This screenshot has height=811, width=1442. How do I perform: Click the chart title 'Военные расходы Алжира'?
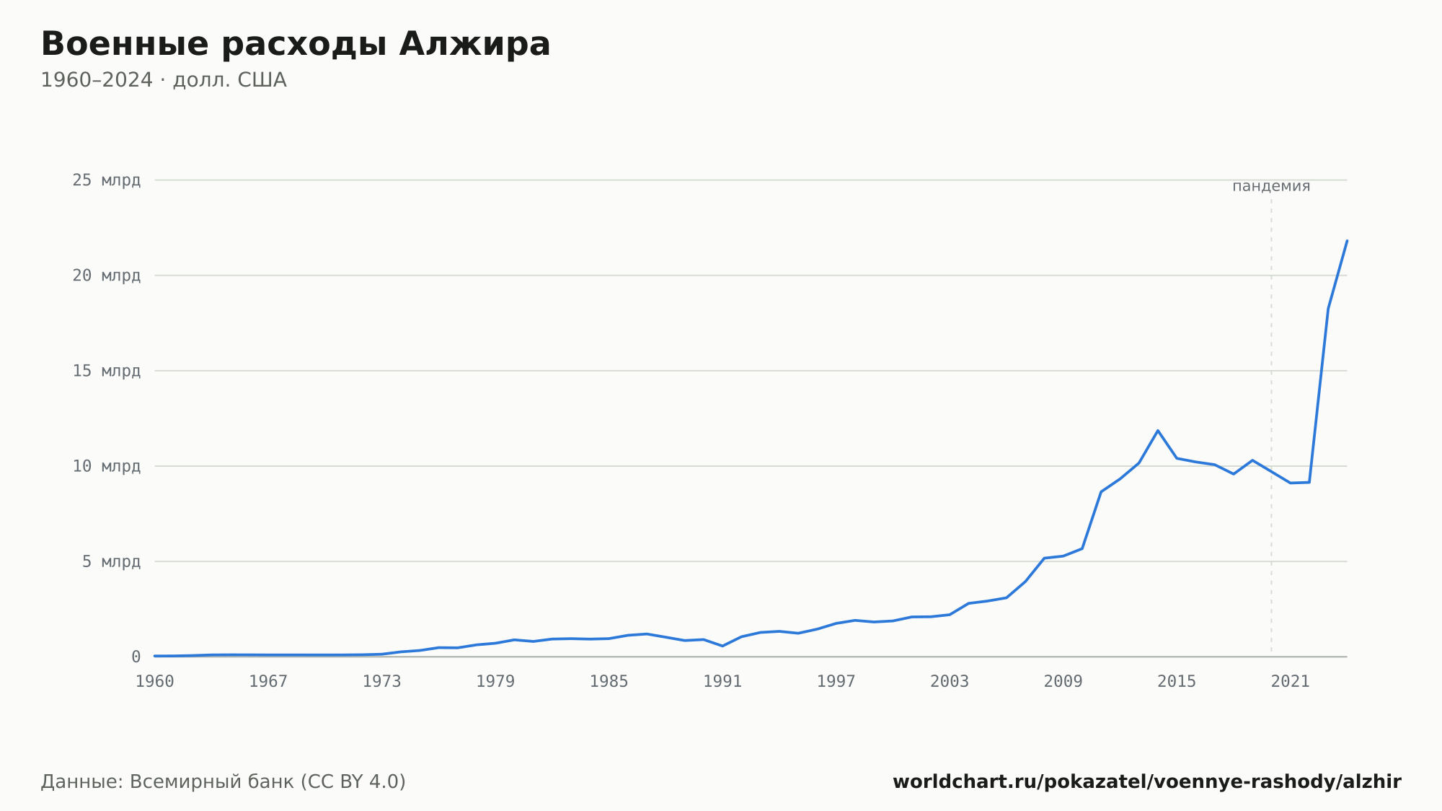click(x=296, y=45)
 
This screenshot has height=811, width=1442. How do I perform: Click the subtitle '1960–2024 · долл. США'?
click(x=164, y=80)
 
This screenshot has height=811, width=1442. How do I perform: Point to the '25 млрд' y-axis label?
click(x=106, y=180)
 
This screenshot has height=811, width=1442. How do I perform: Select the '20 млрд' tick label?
click(x=106, y=276)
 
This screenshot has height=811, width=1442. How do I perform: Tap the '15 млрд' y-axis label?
click(x=106, y=371)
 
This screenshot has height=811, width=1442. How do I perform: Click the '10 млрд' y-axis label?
click(x=106, y=466)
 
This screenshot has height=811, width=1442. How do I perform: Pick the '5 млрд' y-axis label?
click(x=111, y=561)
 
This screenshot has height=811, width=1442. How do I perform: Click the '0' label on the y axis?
click(x=136, y=657)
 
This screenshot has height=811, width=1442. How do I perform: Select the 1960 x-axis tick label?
click(x=155, y=682)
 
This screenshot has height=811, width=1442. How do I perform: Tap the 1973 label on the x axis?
click(x=382, y=682)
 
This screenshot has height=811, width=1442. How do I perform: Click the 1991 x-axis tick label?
click(x=722, y=682)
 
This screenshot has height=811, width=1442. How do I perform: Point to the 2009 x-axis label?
click(x=1063, y=682)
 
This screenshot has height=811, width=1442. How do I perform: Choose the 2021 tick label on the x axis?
click(x=1291, y=682)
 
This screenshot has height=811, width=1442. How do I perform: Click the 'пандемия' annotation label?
click(x=1271, y=186)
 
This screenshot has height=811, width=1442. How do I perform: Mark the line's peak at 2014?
click(x=1158, y=431)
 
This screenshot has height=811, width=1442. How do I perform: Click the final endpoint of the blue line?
click(x=1347, y=240)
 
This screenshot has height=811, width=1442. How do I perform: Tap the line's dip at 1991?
click(x=722, y=646)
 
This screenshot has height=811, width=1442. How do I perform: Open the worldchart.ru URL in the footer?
click(x=1147, y=782)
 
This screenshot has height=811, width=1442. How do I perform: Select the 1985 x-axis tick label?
click(x=609, y=682)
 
